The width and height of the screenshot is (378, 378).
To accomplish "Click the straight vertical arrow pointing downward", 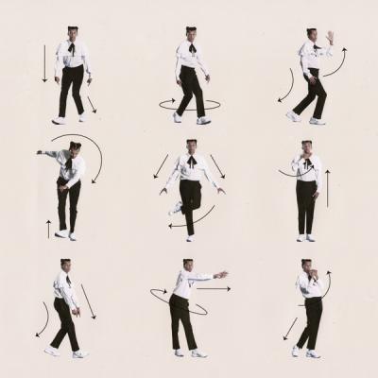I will pos(43,64).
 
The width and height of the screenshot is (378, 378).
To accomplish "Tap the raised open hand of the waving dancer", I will pos(330,38).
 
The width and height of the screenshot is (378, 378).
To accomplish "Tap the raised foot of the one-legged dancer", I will pos(175,207).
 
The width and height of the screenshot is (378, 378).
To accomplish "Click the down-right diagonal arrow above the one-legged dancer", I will pos(217,166).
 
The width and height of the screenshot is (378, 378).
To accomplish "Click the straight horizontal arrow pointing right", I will pos(213,289).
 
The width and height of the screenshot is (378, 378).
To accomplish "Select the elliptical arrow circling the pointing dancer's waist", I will pos(178,301).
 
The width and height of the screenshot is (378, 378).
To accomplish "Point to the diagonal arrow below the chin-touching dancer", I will pos(289,330).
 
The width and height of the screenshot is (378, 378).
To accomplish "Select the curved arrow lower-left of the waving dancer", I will pos(283,90).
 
